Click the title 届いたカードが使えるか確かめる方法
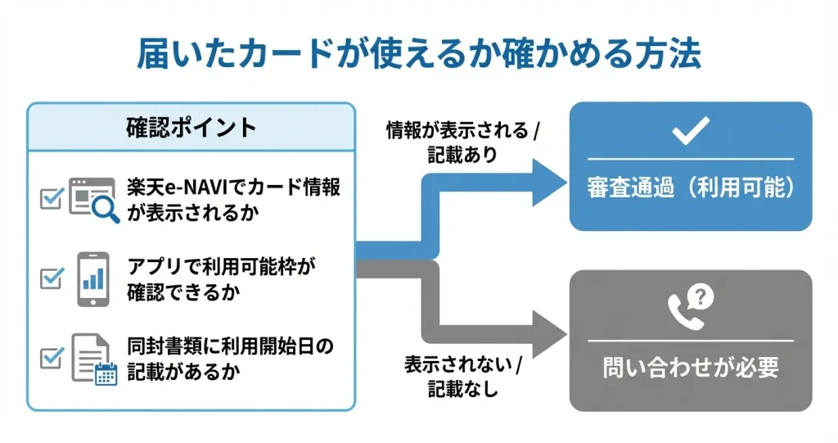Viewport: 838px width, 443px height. click(x=418, y=53)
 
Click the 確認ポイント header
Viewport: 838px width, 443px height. click(x=191, y=127)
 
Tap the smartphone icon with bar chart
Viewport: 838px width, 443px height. click(x=93, y=278)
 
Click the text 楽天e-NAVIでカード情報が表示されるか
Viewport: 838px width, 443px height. click(x=233, y=198)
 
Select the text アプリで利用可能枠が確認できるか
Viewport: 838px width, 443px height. click(x=222, y=278)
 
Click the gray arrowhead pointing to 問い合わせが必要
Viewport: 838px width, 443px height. click(x=547, y=336)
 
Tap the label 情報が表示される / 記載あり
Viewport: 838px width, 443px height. click(x=463, y=142)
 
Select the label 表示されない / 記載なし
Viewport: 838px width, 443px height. click(x=463, y=376)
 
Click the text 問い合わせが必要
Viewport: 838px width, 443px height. click(x=690, y=368)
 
